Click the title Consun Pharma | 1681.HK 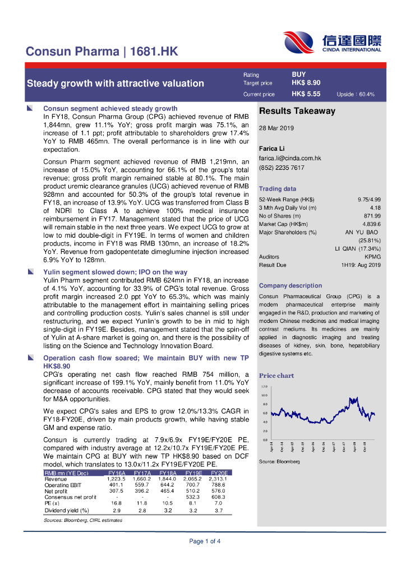pos(102,52)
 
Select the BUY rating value pos(299,74)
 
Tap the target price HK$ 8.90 pos(306,83)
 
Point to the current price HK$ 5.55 pos(306,94)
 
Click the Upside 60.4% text pos(356,95)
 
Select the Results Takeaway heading pos(297,111)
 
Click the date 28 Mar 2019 pos(277,128)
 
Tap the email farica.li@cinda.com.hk pos(289,159)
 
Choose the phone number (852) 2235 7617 pos(282,168)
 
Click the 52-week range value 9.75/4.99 pos(369,200)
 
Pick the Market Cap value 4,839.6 pos(371,224)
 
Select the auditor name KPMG pos(372,257)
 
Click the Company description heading pos(290,285)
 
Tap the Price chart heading pos(276,376)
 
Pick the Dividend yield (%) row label pos(67,511)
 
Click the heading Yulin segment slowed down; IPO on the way pos(116,272)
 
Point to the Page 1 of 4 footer pos(205,541)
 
